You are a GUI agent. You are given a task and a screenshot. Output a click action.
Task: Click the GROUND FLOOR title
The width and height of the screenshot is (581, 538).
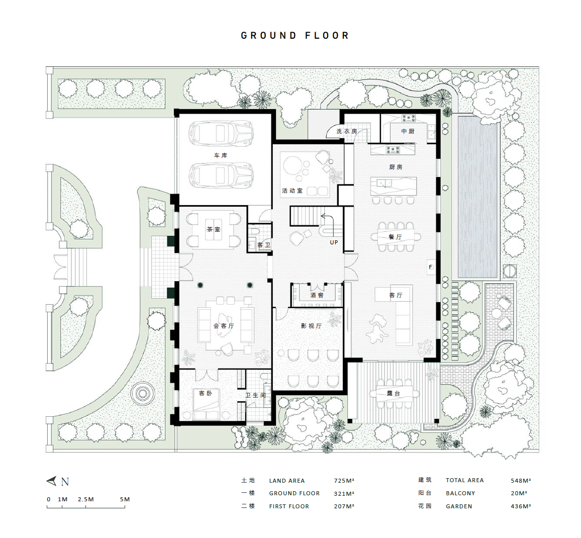coord(295,36)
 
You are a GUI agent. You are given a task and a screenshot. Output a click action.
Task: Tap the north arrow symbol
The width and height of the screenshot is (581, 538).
coord(52,481)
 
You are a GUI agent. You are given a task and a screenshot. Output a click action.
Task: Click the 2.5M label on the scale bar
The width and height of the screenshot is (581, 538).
coord(85,499)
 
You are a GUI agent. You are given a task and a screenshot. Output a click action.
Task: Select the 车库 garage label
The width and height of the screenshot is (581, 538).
coord(221,155)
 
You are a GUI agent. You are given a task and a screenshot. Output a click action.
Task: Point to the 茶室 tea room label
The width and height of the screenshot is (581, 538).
coord(214,229)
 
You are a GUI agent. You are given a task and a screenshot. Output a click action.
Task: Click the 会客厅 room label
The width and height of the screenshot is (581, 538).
coord(224,326)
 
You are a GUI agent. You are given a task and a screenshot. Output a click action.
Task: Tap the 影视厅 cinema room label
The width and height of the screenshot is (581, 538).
coord(311,326)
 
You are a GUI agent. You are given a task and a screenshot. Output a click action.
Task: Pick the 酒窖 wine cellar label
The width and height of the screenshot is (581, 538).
coord(317,295)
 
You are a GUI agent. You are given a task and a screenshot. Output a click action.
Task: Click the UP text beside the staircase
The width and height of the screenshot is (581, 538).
coord(334,242)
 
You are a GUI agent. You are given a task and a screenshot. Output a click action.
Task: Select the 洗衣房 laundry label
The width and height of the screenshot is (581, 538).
coord(346,131)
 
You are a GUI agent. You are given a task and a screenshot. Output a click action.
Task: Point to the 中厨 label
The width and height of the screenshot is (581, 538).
coord(408,131)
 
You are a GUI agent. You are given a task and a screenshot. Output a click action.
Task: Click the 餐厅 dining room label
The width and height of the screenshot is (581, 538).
coord(396,237)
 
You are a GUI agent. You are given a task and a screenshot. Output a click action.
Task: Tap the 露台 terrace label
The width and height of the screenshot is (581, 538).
coord(394,393)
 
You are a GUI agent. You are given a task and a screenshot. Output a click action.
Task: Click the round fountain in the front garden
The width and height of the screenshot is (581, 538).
coord(143,394)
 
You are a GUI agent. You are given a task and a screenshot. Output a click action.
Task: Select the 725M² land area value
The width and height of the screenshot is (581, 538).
coord(344,481)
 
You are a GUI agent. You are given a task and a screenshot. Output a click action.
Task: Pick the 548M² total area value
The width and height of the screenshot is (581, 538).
coord(521,481)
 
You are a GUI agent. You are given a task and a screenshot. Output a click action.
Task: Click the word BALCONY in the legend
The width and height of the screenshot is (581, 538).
coord(460,493)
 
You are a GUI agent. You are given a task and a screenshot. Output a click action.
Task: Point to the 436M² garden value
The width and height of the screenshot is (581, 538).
coord(521,506)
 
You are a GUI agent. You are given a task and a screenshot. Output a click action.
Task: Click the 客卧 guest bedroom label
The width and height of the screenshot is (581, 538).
coord(205,393)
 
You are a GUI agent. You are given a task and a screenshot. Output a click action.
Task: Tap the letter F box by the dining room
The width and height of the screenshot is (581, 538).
coord(431,267)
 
